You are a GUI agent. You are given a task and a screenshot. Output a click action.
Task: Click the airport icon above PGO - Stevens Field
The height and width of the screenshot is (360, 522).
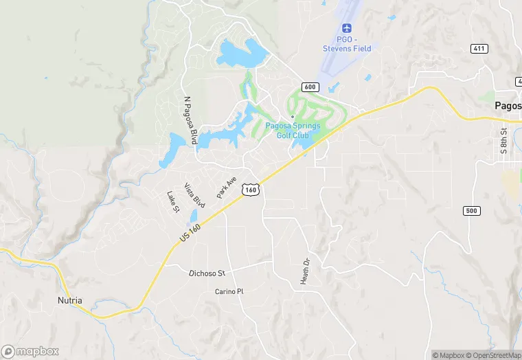point(347,28)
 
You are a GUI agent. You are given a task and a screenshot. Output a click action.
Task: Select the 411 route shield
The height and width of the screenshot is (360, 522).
point(479,48)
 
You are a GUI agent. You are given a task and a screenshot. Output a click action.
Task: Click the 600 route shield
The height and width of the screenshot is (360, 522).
point(310,87)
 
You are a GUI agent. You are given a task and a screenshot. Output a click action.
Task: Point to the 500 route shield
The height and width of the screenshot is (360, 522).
point(470,210)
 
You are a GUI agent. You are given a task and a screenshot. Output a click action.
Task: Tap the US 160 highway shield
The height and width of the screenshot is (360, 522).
point(251,189)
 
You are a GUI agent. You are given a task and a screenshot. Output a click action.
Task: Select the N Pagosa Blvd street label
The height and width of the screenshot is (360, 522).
point(187,115)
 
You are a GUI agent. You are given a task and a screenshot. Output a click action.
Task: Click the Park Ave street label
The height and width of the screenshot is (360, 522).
point(227,188)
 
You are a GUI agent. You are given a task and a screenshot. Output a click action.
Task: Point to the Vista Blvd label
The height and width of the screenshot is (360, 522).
point(195,195)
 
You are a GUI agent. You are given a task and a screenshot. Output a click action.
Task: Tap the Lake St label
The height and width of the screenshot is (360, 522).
point(172,201)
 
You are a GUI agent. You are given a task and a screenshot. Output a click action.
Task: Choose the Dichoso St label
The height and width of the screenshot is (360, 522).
point(207,273)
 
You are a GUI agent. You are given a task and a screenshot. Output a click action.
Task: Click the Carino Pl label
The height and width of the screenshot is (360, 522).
point(229,291)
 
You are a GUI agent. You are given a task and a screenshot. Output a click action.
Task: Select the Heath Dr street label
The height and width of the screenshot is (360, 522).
point(306,271)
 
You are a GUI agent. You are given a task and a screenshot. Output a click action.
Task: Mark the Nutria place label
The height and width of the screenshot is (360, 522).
point(70,300)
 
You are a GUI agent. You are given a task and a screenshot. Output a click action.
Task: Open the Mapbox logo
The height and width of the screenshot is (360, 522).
point(30,351)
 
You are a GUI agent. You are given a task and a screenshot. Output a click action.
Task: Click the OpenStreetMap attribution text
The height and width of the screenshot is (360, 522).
point(492,355)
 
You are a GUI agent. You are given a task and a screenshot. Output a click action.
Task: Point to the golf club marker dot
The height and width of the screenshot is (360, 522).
point(292,116)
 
